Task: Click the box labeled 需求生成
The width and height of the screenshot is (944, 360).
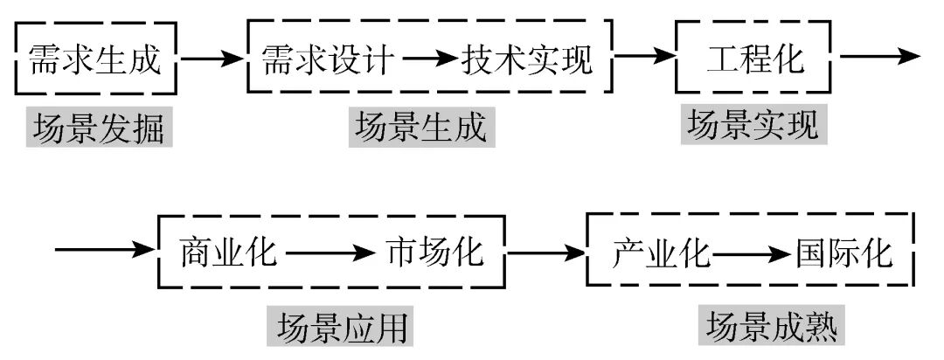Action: coord(96,59)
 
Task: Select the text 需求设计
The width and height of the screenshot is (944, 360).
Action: coord(329,59)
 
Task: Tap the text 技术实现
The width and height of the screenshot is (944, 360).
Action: coord(528,59)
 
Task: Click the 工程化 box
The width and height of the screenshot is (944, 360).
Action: coord(755,59)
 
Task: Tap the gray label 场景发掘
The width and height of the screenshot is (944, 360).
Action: coord(98,128)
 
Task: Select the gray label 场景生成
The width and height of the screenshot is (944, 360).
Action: coord(420,128)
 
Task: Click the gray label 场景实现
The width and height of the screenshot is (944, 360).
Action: coord(753,125)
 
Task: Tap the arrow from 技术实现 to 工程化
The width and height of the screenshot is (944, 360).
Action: coord(645,59)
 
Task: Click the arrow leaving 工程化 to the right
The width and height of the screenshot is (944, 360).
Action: coord(878,57)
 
